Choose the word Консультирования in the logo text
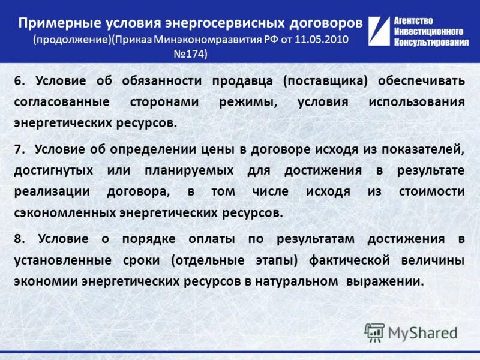431,41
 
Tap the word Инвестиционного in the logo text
428,31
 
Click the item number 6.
19,81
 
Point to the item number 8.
19,239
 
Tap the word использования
416,102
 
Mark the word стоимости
431,191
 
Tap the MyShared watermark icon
374,332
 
